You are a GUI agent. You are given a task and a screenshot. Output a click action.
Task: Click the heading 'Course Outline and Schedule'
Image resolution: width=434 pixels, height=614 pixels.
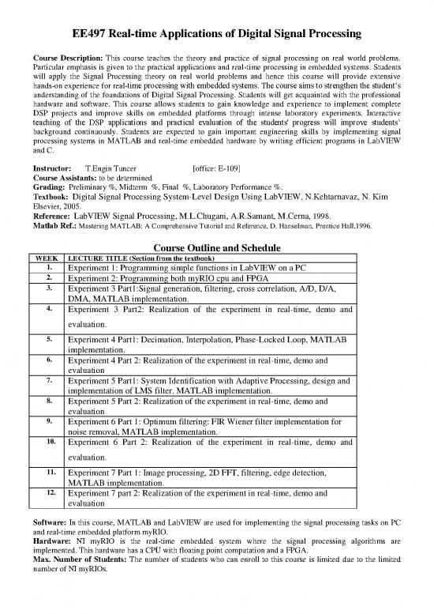(217, 243)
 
